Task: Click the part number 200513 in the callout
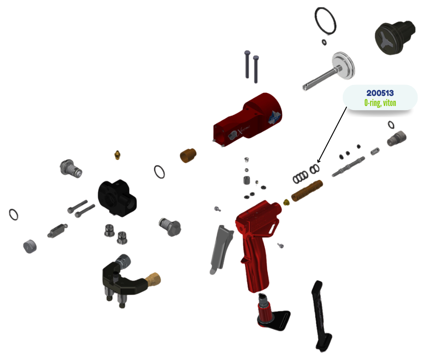pos(380,93)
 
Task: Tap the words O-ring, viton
pos(380,103)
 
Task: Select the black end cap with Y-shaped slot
pos(395,37)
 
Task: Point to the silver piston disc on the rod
pos(343,66)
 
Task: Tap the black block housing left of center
pos(117,198)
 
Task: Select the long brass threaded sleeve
pos(307,191)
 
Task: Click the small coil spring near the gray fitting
pos(375,151)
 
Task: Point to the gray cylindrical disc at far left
pos(30,247)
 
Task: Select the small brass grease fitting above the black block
pos(117,155)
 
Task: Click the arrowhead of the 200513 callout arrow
pos(318,162)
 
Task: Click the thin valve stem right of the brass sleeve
pos(348,166)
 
